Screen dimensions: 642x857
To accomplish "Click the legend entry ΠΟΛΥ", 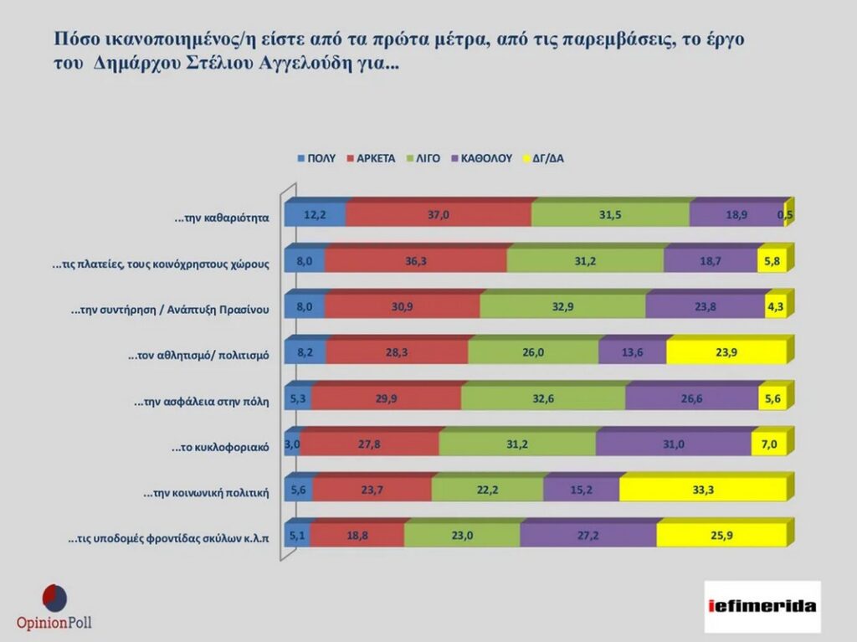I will point(316,157).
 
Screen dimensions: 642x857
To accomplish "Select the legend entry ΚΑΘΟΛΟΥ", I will point(480,157).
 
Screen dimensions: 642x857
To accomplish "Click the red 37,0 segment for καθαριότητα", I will point(439,215).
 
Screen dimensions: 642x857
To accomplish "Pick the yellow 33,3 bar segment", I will point(703,492).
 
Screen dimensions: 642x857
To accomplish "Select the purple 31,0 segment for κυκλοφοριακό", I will point(666,445).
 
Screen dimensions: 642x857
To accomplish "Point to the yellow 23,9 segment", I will point(726,353).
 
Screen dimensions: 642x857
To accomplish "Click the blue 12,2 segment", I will point(315,215).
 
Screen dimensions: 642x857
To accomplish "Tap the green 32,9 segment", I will point(562,307).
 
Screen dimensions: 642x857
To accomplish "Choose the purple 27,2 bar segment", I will point(588,537).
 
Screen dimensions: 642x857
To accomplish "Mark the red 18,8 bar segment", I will point(357,537).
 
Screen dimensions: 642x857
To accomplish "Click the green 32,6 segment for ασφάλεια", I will point(543,399).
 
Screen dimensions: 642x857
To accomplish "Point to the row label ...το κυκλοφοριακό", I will point(220,447).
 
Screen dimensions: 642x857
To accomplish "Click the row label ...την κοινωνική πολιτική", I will point(206,493).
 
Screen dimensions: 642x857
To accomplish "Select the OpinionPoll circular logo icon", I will point(54,598).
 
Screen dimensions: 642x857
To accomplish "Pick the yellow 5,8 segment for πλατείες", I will point(771,261).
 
